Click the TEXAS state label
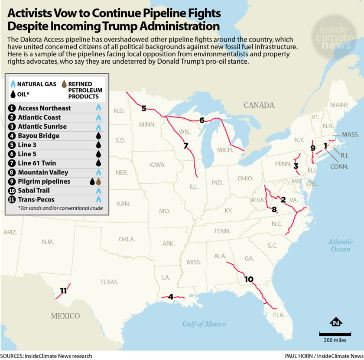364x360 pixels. point(109,282)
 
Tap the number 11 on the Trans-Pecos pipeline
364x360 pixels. point(63,291)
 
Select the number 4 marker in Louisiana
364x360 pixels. point(171,297)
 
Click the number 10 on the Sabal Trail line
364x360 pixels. point(249,279)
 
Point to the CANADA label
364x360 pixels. point(259,105)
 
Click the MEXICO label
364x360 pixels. point(65,316)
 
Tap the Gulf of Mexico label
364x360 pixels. point(204,324)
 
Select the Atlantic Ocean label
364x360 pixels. point(340,246)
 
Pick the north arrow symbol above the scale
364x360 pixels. point(336,322)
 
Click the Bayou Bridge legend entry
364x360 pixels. point(39,136)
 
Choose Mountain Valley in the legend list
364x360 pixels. point(43,172)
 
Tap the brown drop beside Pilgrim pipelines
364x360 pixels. point(99,182)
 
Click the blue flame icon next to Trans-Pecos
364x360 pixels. point(98,200)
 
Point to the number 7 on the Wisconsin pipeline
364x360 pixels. point(186,146)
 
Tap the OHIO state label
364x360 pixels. point(244,178)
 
